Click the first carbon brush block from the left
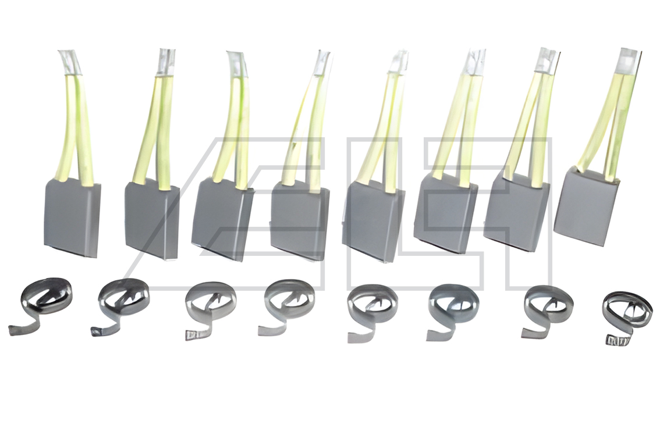[x=72, y=217]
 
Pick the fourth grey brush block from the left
[x=299, y=220]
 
